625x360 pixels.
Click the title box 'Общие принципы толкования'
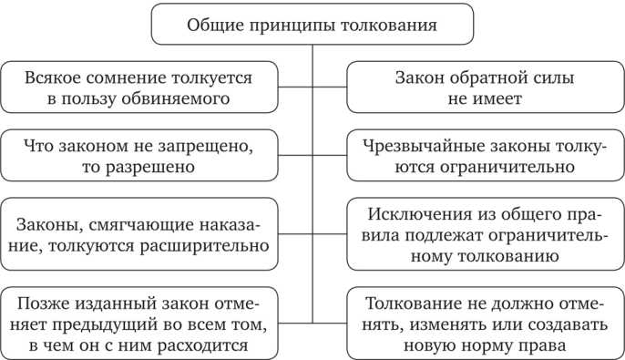(x=312, y=25)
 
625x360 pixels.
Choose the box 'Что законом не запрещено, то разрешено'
(x=138, y=156)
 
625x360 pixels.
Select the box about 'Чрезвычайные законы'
(x=485, y=156)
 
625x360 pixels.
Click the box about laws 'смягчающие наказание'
(x=138, y=234)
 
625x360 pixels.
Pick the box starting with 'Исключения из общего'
(x=485, y=234)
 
